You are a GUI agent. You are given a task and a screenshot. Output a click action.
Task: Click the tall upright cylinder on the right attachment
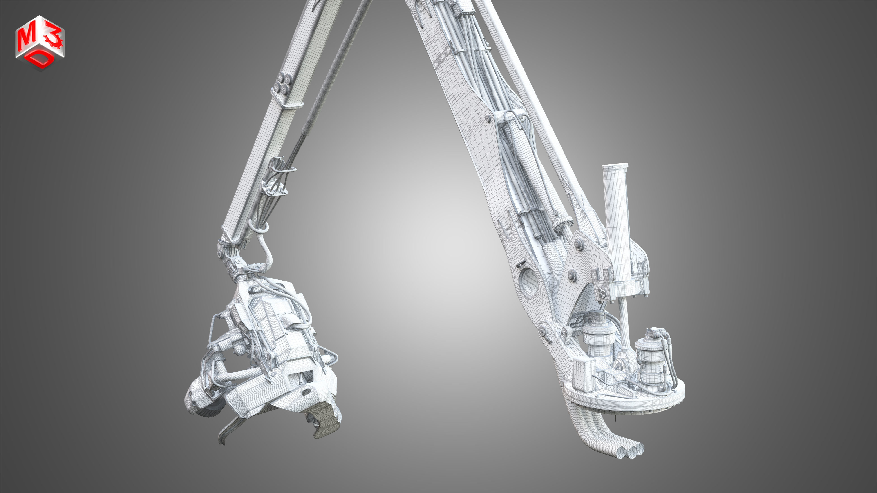(616, 221)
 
